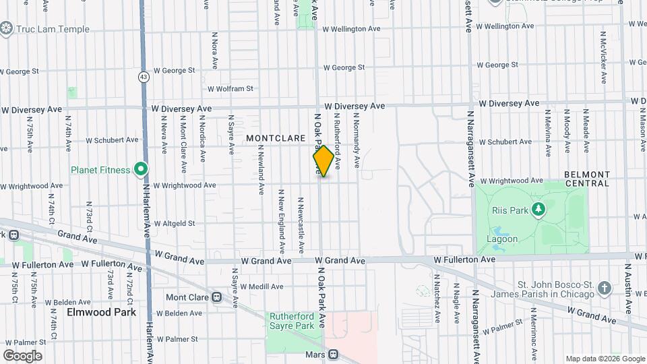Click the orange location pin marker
(323, 161)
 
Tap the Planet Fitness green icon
(141, 169)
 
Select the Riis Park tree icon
(538, 210)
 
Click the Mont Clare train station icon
(217, 297)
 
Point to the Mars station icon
(333, 354)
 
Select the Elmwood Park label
(101, 312)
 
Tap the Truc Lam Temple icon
(7, 28)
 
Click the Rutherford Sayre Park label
(292, 321)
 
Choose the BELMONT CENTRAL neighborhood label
(586, 178)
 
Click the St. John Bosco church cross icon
(605, 289)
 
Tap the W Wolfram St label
(230, 88)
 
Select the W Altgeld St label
(175, 223)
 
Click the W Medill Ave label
(262, 286)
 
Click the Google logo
(22, 355)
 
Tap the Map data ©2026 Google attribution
(605, 359)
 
